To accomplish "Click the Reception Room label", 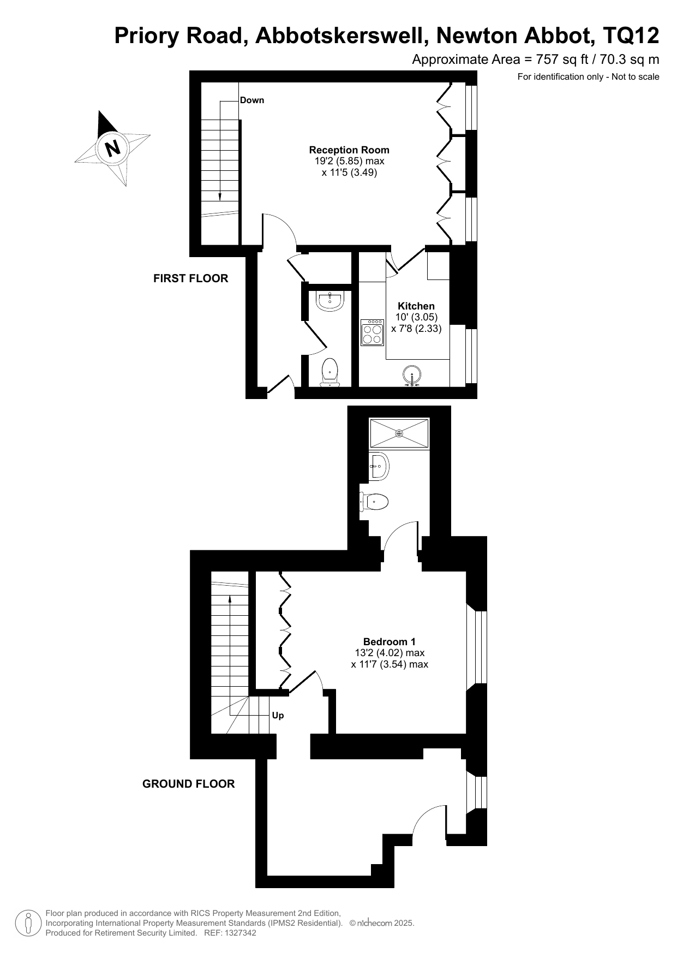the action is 349,150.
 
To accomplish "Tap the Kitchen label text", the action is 416,306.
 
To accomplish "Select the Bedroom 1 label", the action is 390,641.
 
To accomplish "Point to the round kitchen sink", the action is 412,375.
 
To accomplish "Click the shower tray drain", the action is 399,433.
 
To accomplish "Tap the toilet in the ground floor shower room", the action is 374,501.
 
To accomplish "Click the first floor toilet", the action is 330,372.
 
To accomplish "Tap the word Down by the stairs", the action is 252,100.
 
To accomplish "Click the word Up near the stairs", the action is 278,716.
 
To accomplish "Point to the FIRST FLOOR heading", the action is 191,278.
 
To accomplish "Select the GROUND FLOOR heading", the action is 189,784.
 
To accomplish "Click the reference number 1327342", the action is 238,933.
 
